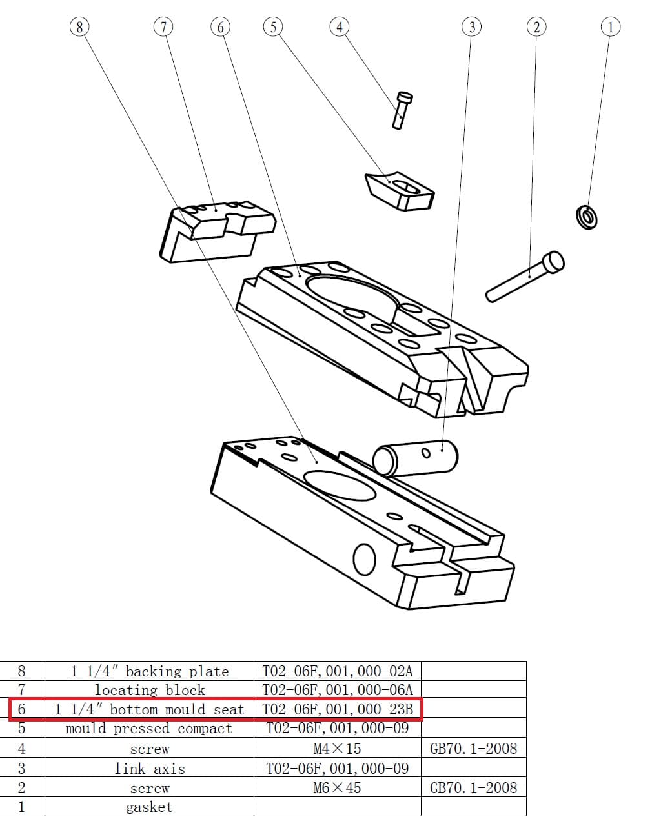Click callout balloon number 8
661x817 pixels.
pos(79,26)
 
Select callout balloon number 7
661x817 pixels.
pos(163,26)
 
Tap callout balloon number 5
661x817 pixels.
pos(273,26)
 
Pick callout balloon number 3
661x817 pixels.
pos(472,26)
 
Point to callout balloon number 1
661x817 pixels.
pos(610,26)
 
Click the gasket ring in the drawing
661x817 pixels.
pos(586,217)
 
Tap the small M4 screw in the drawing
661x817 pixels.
pos(402,110)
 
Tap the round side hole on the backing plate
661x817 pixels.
pos(365,559)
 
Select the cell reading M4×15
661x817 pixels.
pos(337,749)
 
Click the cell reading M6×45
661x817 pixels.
pos(337,787)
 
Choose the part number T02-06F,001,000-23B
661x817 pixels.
pos(337,709)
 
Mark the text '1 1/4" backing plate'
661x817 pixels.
pos(149,671)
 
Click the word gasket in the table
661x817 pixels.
pos(149,807)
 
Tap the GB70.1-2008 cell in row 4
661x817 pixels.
pos(473,749)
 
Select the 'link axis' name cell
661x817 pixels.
pos(149,769)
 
